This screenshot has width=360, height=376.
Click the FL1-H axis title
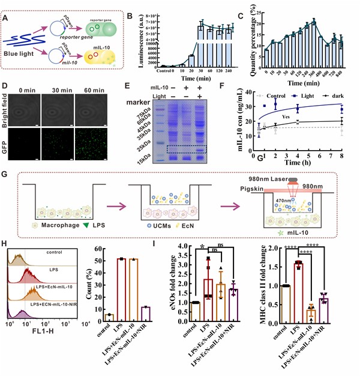tap(47, 347)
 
